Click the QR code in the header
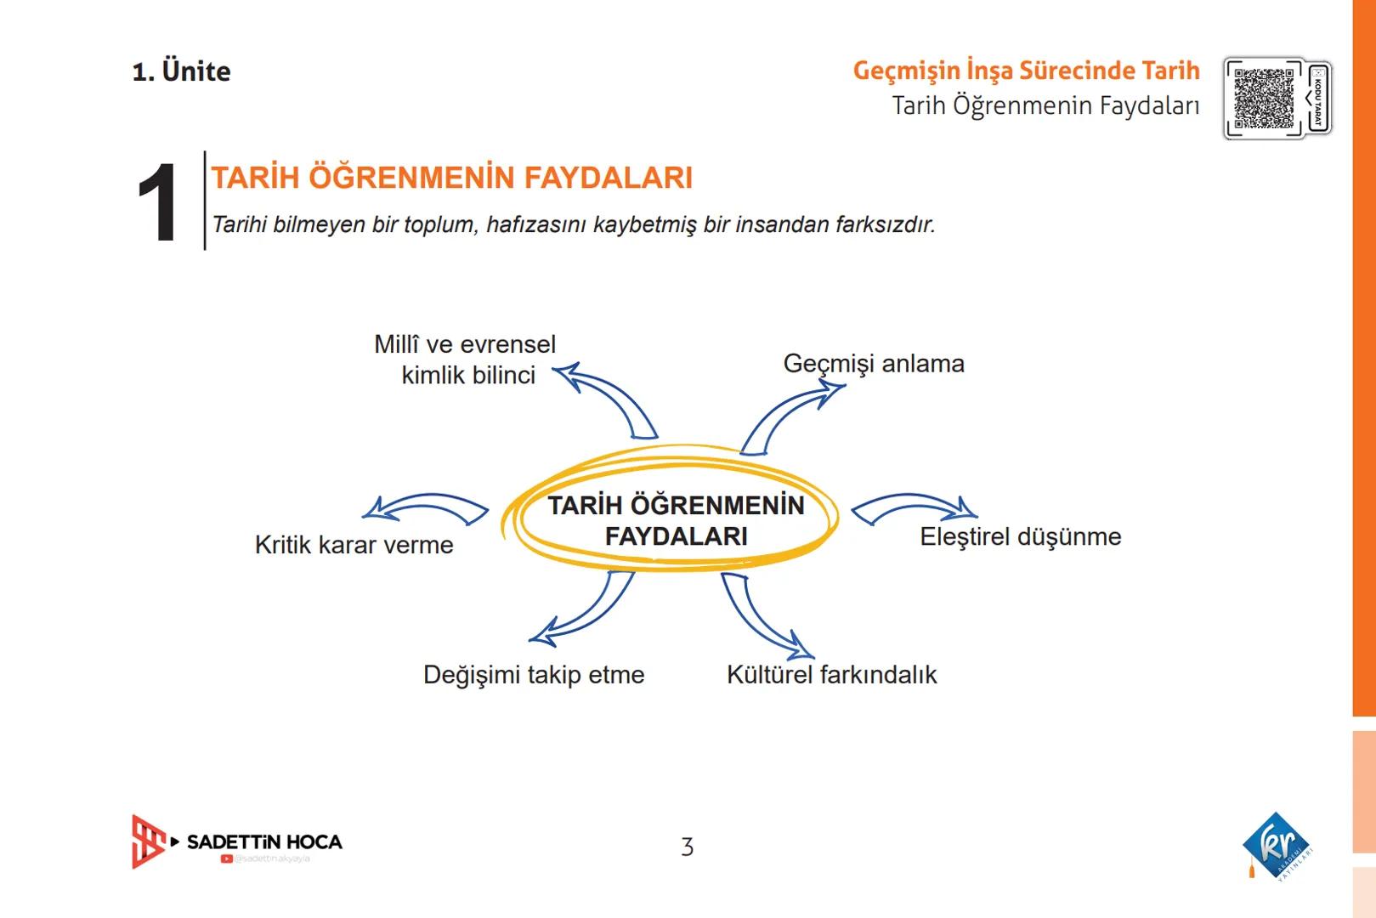coord(1263,98)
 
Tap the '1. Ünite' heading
coord(181,71)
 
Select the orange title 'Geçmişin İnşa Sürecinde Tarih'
coord(1026,71)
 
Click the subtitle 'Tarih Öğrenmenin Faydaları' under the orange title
coord(1045,106)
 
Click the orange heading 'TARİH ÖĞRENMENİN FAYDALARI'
coord(451,178)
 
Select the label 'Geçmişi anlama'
coord(874,364)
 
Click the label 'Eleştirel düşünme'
coord(1020,537)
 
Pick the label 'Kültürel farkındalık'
coord(831,675)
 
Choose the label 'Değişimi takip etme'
coord(534,675)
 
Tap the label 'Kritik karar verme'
coord(354,545)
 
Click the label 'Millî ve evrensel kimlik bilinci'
coord(466,360)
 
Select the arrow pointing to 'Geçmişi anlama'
coord(786,416)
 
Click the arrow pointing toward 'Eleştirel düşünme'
coord(914,507)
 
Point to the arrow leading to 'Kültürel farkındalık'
coord(761,616)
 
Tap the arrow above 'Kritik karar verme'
coord(425,507)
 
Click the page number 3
coord(687,847)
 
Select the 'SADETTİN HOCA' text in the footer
coord(264,841)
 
